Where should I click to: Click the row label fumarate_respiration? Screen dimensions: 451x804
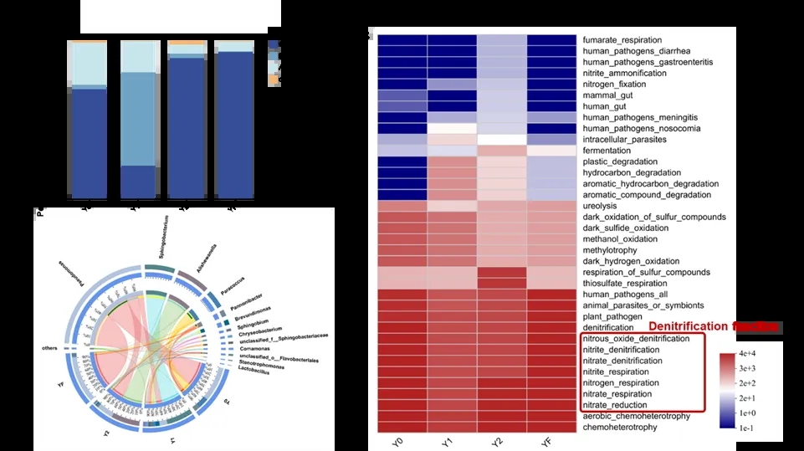point(622,40)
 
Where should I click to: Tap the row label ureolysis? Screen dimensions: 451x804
point(602,206)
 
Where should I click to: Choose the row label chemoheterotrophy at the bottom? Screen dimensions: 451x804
point(619,427)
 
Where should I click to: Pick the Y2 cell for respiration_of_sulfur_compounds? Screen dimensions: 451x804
point(502,272)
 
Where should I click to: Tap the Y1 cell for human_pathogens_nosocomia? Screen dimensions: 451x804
point(452,129)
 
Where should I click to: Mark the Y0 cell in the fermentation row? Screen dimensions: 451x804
point(402,151)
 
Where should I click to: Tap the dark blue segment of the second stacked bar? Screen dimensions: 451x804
point(138,181)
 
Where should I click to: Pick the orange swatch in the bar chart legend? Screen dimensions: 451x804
point(273,79)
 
